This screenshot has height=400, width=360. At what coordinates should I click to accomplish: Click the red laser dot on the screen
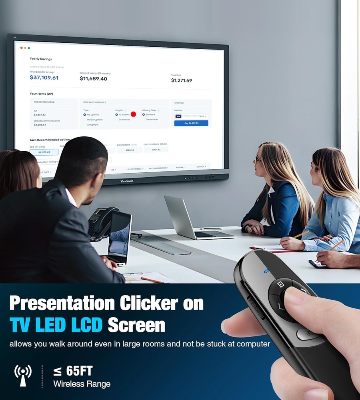[x=133, y=114]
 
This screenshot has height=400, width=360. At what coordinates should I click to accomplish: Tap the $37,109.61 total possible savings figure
[x=44, y=78]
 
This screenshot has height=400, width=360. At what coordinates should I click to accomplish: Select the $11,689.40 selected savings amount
[x=93, y=79]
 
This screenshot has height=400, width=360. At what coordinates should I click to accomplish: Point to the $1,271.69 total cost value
[x=181, y=80]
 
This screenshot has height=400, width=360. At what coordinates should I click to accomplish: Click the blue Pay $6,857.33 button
[x=191, y=123]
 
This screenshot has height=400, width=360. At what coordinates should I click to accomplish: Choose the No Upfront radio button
[x=85, y=114]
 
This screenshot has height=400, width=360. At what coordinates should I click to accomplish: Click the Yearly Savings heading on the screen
[x=41, y=59]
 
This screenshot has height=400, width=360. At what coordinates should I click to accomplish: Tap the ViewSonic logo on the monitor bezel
[x=127, y=181]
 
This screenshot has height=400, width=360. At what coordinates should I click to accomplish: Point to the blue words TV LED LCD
[x=56, y=325]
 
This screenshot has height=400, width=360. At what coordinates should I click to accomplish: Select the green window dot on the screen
[x=29, y=48]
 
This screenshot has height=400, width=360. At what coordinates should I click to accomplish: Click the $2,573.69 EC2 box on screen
[x=44, y=152]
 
